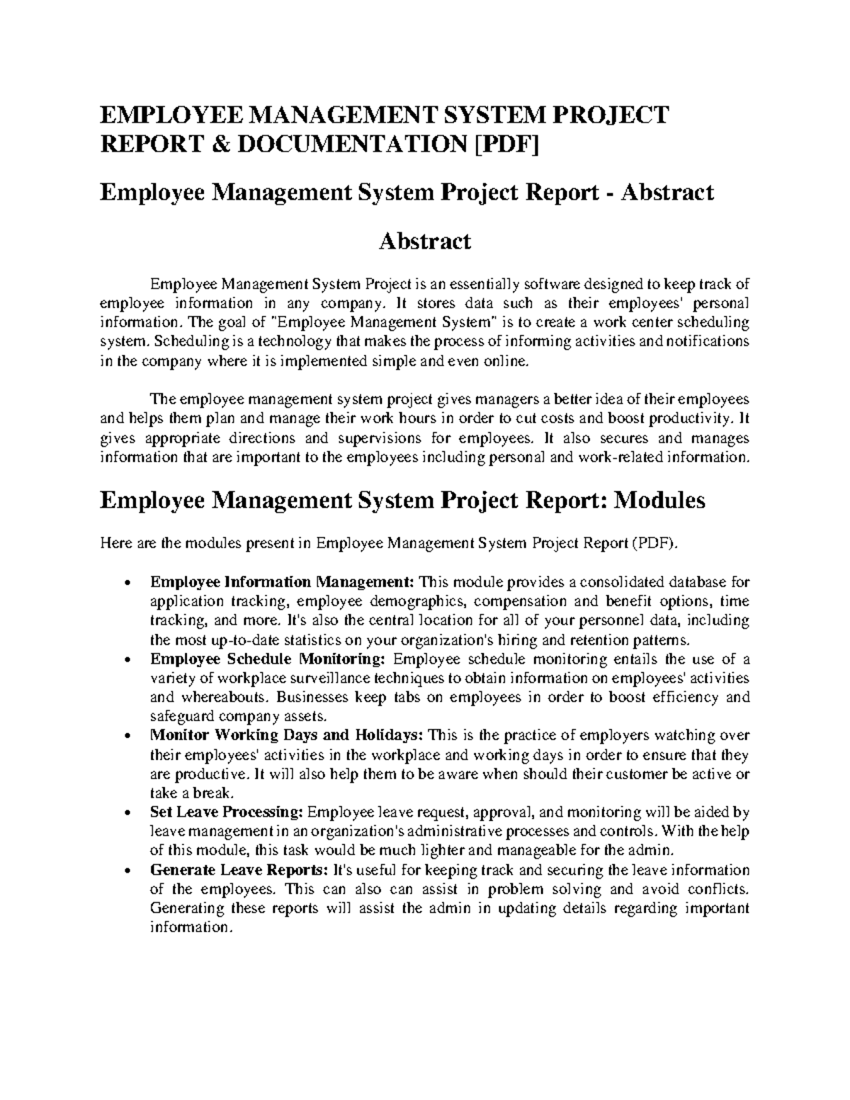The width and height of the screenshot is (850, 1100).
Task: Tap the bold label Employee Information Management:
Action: pos(282,582)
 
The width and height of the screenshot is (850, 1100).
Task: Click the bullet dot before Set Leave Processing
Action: pos(126,813)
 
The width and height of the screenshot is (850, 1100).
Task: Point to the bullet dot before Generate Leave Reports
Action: pos(126,871)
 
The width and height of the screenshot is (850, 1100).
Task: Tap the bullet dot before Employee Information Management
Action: pos(126,584)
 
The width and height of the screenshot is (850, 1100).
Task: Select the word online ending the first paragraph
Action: pos(509,361)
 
